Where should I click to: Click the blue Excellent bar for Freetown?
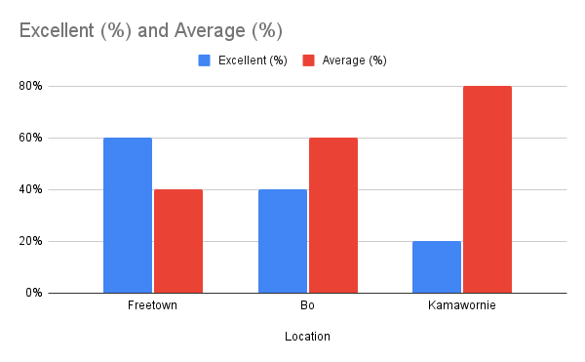[127, 215]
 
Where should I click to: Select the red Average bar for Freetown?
[178, 241]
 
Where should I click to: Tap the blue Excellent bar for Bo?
[282, 241]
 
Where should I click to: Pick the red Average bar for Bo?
[333, 215]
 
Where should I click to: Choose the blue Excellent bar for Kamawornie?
[436, 266]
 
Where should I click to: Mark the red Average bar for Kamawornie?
[487, 189]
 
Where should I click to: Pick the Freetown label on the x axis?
[152, 306]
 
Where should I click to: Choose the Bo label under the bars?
[307, 306]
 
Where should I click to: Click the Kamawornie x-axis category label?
[461, 306]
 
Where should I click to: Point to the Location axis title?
[307, 337]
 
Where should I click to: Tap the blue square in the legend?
[205, 60]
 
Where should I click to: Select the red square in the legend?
[308, 60]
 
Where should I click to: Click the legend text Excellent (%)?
[251, 60]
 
